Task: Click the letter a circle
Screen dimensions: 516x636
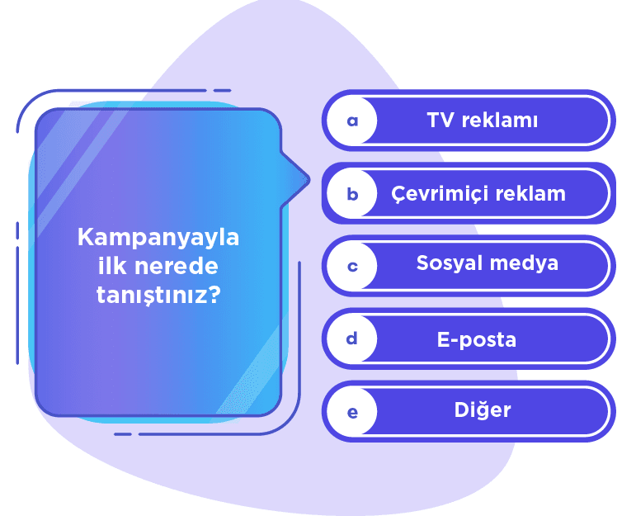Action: (x=352, y=121)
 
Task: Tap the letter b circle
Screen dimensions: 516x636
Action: (x=352, y=194)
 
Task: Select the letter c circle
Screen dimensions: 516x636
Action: (x=352, y=266)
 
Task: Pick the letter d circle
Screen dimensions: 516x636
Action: (x=352, y=339)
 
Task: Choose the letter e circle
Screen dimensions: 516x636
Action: (x=352, y=411)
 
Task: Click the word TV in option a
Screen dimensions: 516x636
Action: (x=441, y=121)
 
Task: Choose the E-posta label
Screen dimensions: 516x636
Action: (x=477, y=339)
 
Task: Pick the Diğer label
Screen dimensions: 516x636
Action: (x=483, y=410)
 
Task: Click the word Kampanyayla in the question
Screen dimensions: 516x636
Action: (x=158, y=238)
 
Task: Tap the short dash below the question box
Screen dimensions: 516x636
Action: (x=122, y=433)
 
